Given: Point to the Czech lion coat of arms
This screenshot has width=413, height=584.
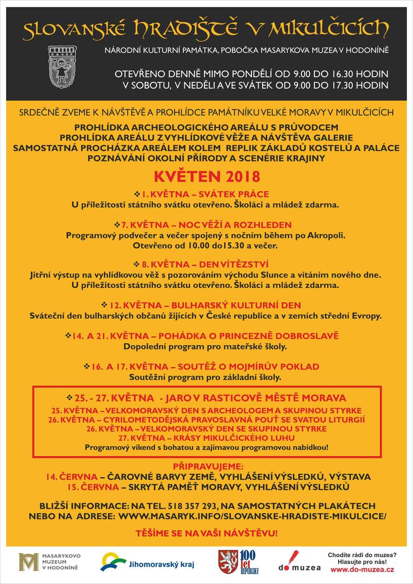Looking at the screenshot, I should coord(227,561).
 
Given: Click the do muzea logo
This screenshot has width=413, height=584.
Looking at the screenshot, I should coord(299,562).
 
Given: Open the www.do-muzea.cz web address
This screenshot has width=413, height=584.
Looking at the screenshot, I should coord(362,569).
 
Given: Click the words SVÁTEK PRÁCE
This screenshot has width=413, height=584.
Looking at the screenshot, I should coord(242,194).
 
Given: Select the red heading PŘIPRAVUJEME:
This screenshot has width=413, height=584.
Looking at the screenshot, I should coord(206,466).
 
